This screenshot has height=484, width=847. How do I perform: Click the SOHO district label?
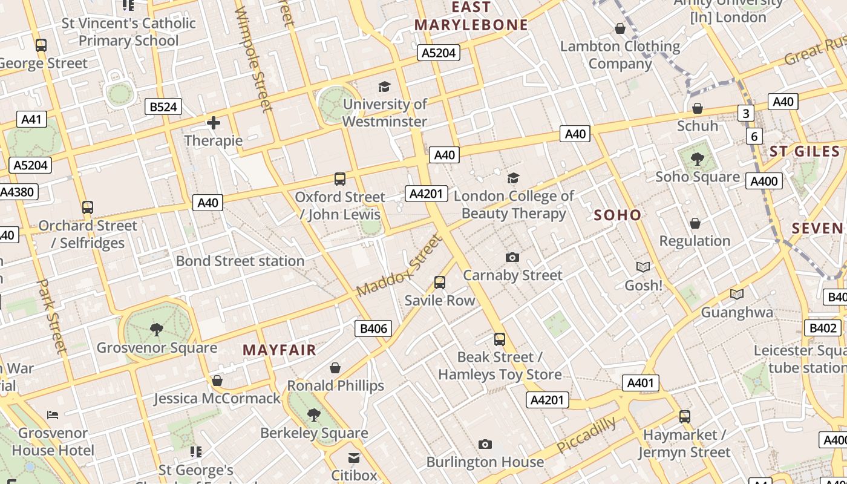[617, 215]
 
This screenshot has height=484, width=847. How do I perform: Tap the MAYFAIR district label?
[280, 350]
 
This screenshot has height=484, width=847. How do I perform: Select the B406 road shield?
[373, 329]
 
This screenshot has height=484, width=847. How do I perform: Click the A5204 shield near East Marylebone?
[438, 53]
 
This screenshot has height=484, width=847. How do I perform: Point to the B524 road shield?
[163, 107]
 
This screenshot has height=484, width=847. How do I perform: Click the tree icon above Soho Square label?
[697, 159]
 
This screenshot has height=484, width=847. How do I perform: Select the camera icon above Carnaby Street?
[512, 258]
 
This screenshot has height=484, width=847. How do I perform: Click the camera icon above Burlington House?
[485, 445]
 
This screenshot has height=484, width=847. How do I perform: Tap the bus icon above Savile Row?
[440, 283]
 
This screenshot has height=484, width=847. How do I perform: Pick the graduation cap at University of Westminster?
[384, 87]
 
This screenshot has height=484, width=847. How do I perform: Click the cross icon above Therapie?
[213, 123]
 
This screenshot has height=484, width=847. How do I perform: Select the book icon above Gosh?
[643, 267]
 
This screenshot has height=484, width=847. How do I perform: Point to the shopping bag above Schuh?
[697, 108]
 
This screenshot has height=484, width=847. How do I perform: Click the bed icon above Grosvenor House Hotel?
[53, 415]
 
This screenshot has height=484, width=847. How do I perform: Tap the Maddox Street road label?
[399, 266]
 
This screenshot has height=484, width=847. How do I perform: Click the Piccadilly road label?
[586, 434]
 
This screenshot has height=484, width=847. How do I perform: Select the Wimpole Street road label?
[253, 59]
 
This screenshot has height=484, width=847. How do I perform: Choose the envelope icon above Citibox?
[354, 457]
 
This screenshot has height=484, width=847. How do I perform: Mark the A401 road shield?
[640, 383]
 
